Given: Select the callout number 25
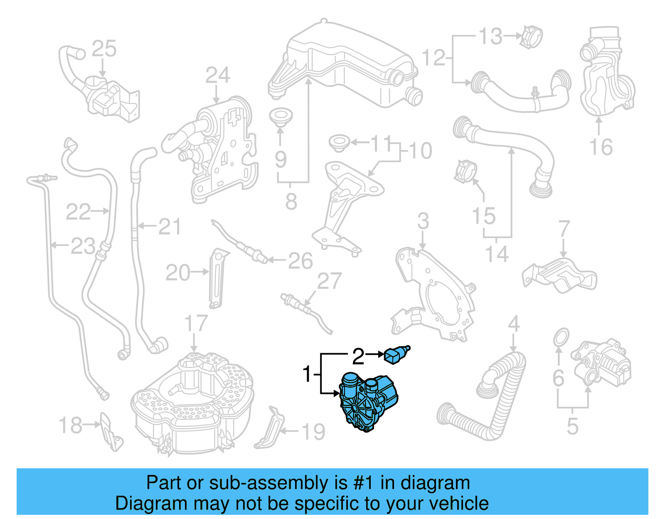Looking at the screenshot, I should [x=104, y=49].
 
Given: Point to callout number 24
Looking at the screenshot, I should [x=217, y=76].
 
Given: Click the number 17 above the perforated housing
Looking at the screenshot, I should [x=195, y=323].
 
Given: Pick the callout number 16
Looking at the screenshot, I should [x=601, y=148].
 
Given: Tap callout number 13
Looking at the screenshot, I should [x=491, y=37].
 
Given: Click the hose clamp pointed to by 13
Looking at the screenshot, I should [x=532, y=36].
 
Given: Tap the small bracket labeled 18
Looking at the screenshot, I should [x=110, y=432].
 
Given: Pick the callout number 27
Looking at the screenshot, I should [x=329, y=281].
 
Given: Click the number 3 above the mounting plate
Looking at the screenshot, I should [x=423, y=221].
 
